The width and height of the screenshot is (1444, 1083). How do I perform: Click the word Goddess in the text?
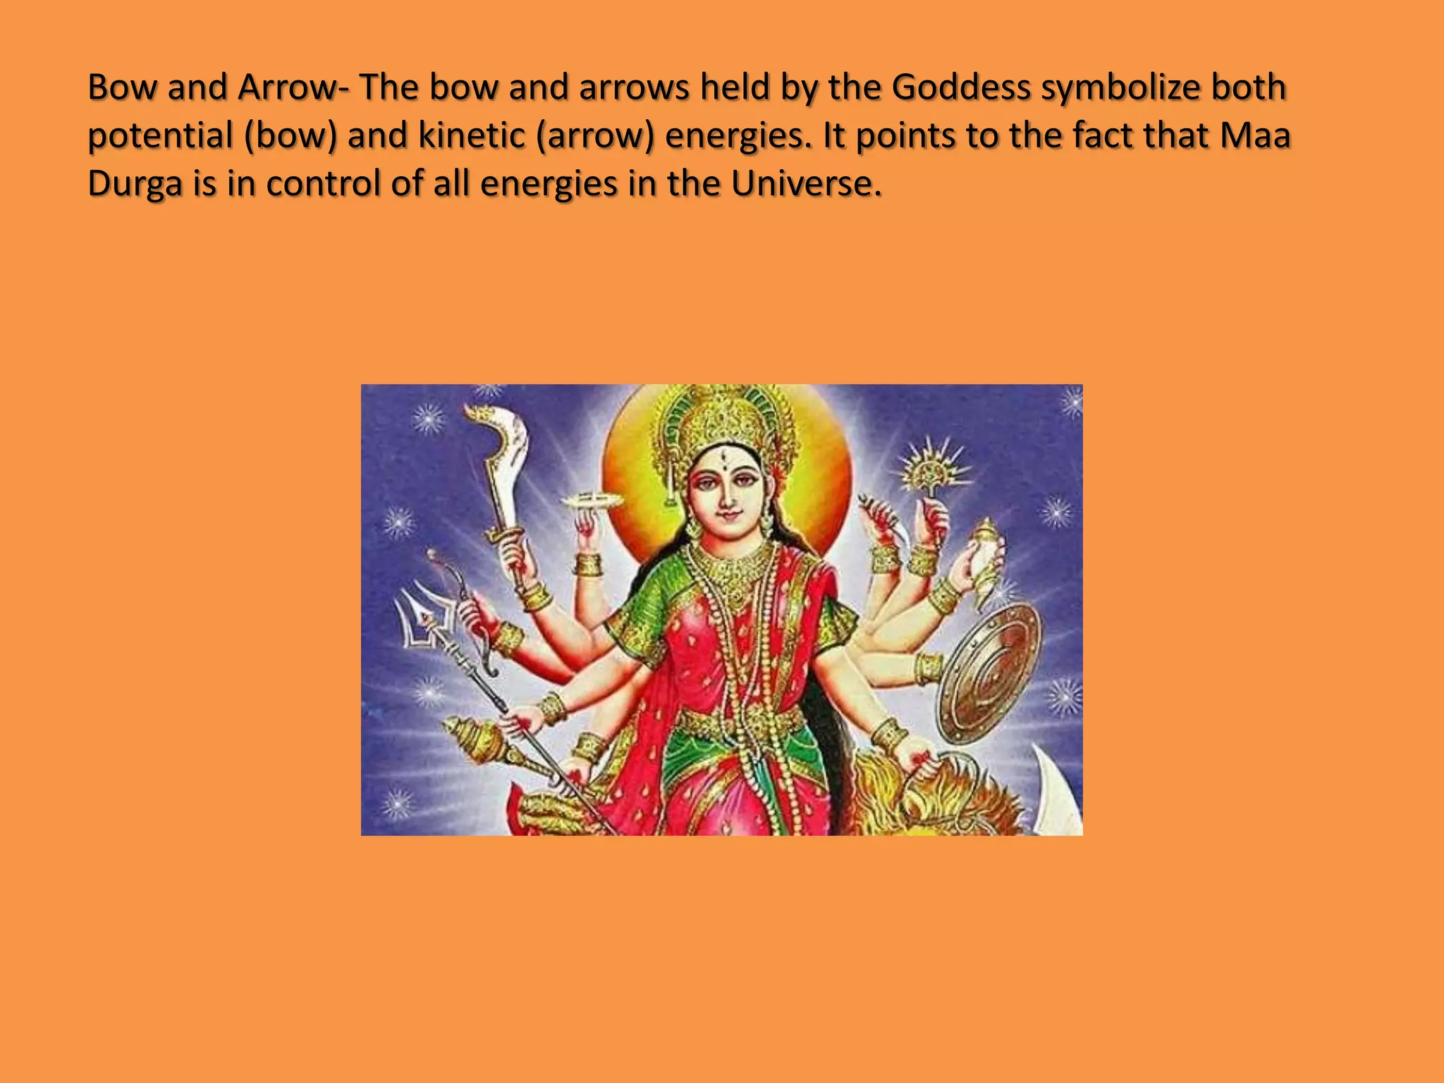pyautogui.click(x=961, y=87)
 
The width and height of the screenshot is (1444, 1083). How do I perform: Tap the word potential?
pyautogui.click(x=160, y=135)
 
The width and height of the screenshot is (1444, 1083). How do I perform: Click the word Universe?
pyautogui.click(x=805, y=184)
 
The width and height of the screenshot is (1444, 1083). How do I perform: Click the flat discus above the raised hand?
pyautogui.click(x=593, y=501)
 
